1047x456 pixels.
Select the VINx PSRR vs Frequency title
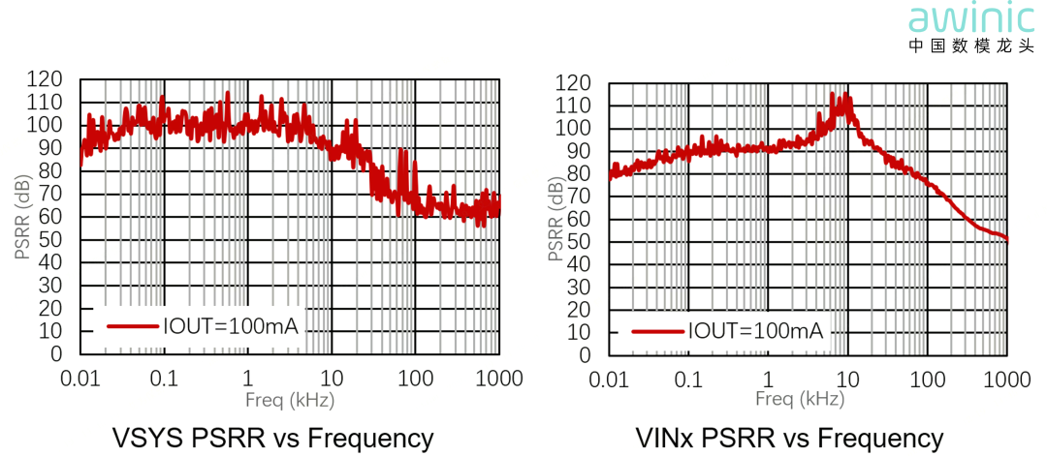788,438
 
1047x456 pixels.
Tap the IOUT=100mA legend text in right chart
755,332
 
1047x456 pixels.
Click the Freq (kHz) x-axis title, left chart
290,398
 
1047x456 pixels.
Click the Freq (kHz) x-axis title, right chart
799,398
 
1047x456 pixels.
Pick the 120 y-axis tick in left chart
48,79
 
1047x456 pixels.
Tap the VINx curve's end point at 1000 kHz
1007,239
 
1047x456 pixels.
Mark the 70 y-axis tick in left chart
50,194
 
